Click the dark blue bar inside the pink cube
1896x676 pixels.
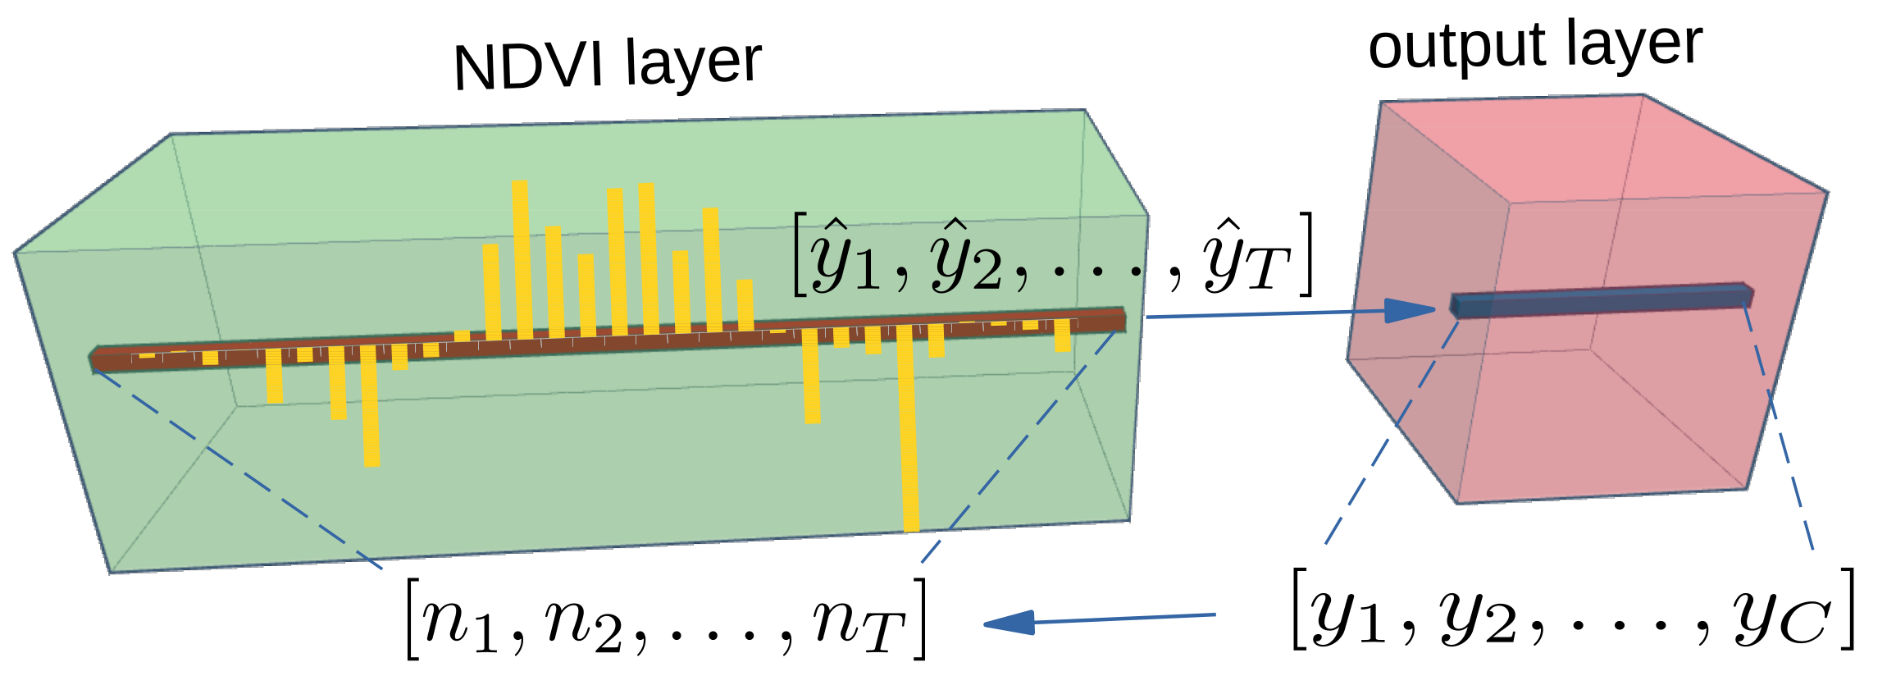[x=1599, y=300]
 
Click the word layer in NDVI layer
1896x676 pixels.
[x=693, y=62]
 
